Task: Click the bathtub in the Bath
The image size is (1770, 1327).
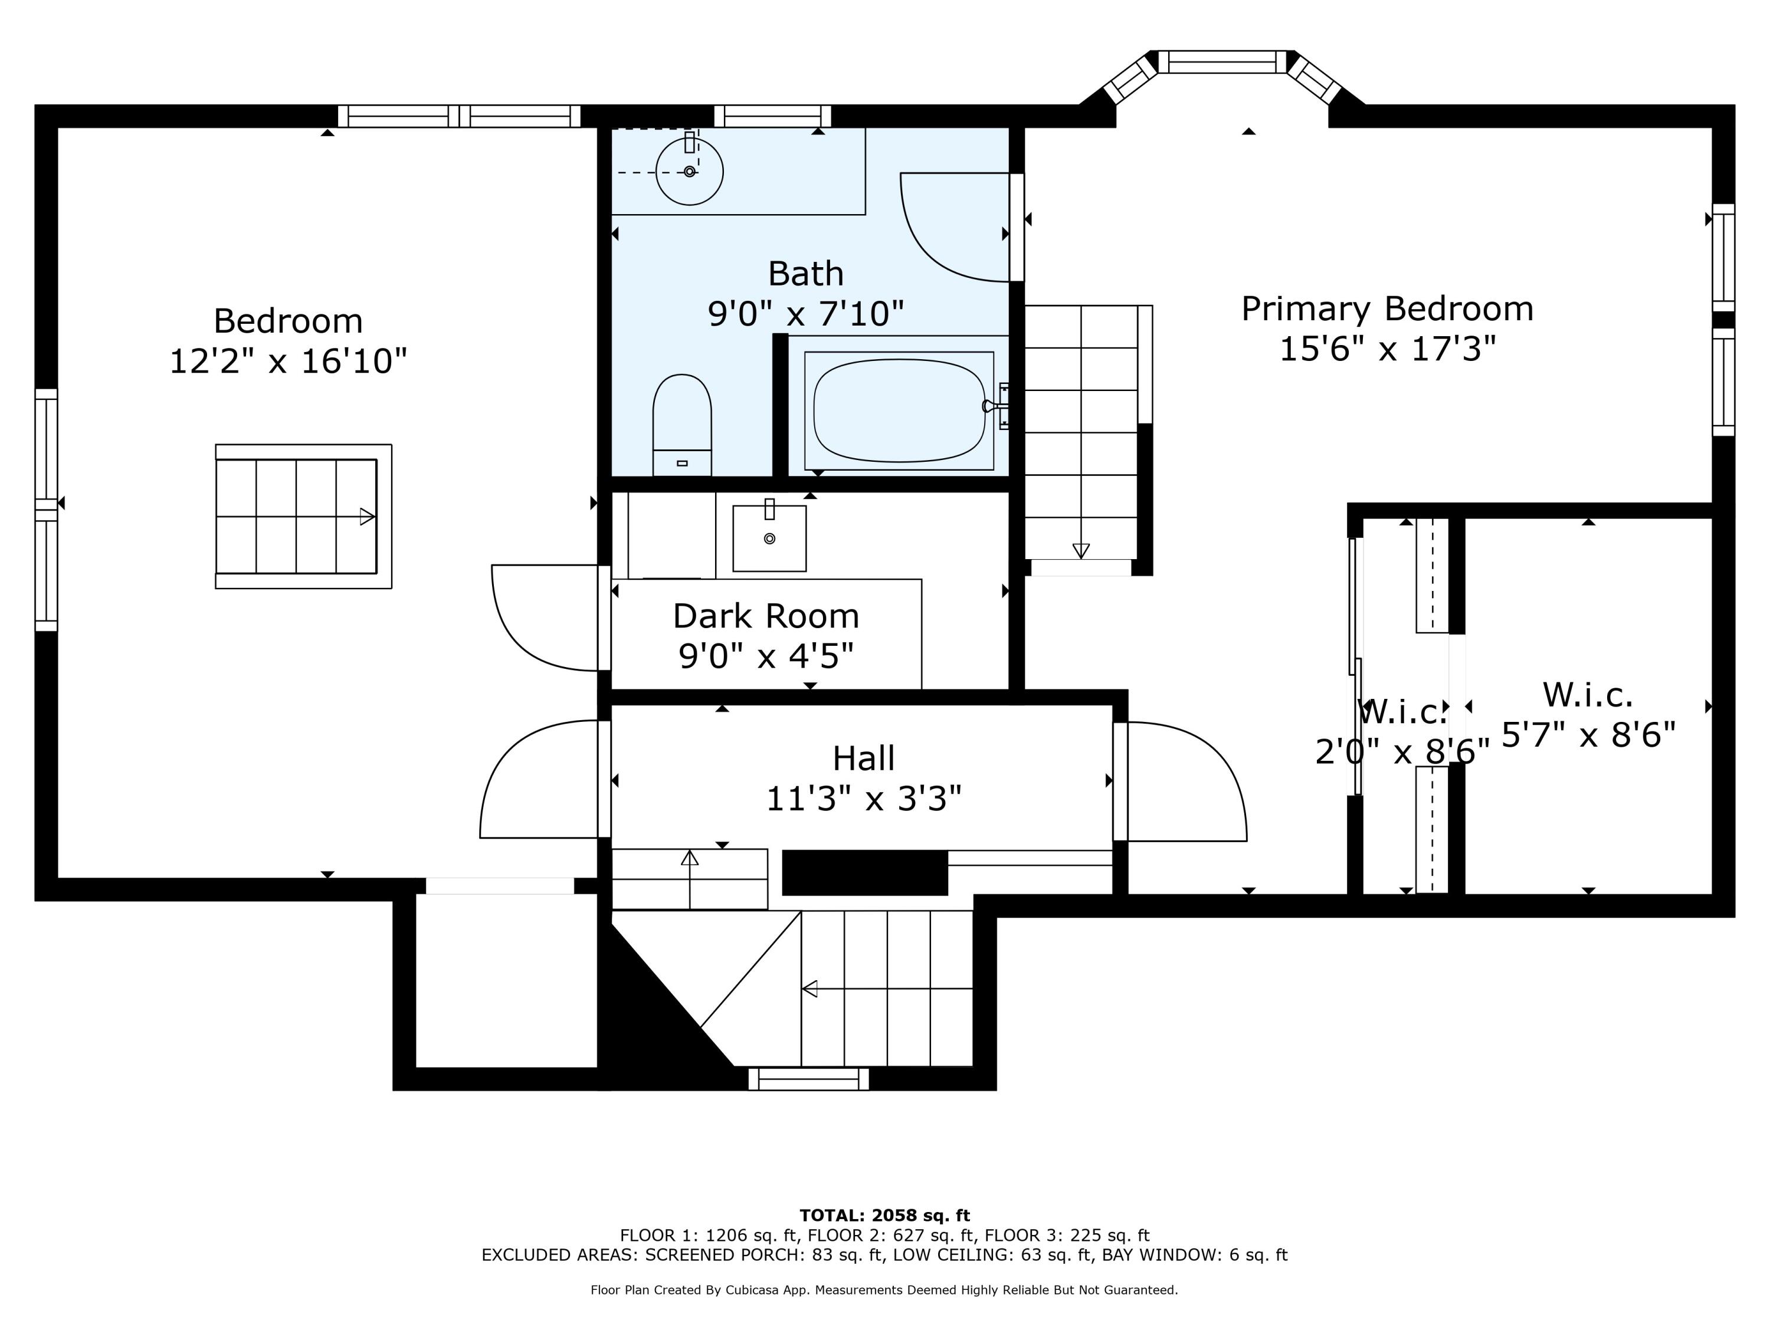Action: [x=899, y=410]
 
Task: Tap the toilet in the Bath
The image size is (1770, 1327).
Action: [x=682, y=425]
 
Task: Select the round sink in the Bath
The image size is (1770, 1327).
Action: [x=690, y=170]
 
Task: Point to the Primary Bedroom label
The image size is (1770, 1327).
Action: [x=1386, y=309]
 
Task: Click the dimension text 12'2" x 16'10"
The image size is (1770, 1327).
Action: [x=288, y=361]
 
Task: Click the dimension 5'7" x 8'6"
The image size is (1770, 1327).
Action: [x=1588, y=734]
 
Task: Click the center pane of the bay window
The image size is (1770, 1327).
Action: [x=1222, y=61]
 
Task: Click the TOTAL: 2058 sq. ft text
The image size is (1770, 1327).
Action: [x=884, y=1216]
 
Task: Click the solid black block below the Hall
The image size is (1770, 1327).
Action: [x=865, y=873]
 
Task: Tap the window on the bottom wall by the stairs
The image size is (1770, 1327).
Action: [x=808, y=1079]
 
